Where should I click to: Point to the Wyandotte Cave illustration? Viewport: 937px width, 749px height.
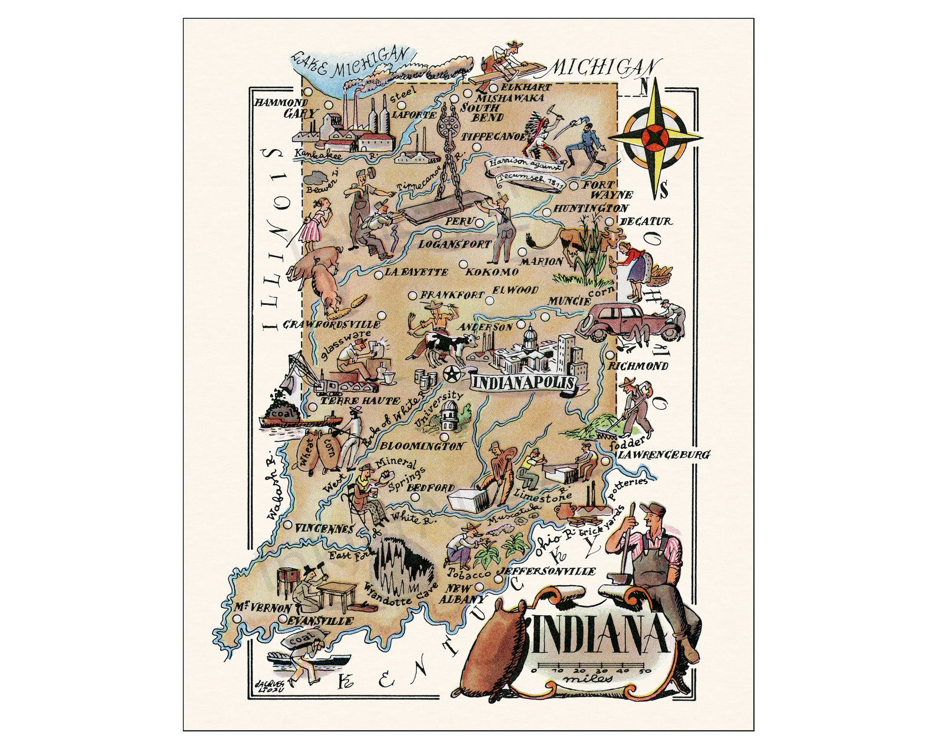coord(401,566)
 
